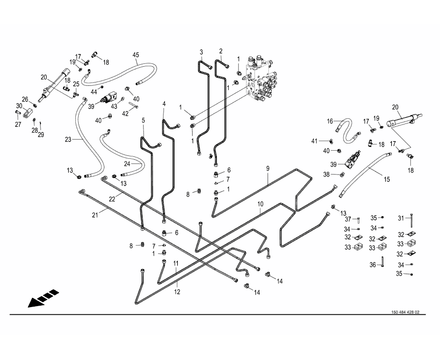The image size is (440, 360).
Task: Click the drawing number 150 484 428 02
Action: click(405, 312)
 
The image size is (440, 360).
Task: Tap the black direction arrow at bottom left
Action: click(43, 298)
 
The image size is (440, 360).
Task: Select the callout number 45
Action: click(136, 55)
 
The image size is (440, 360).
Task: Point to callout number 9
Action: click(268, 168)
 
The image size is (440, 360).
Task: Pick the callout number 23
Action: click(68, 139)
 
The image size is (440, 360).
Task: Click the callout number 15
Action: click(387, 179)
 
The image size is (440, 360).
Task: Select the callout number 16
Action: click(330, 121)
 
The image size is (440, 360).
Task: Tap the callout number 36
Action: click(373, 265)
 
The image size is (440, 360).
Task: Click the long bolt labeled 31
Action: click(411, 220)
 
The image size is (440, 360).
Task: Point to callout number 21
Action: click(95, 215)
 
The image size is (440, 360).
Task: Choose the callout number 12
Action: click(177, 292)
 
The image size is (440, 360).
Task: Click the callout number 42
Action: click(125, 113)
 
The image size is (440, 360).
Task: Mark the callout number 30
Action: click(19, 106)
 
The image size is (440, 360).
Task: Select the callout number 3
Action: click(201, 52)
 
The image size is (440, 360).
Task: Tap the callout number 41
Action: click(314, 141)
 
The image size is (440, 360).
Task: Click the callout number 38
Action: click(327, 175)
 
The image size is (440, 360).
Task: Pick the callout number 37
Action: click(348, 219)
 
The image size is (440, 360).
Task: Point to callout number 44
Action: click(94, 92)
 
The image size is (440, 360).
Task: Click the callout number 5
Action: click(143, 120)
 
